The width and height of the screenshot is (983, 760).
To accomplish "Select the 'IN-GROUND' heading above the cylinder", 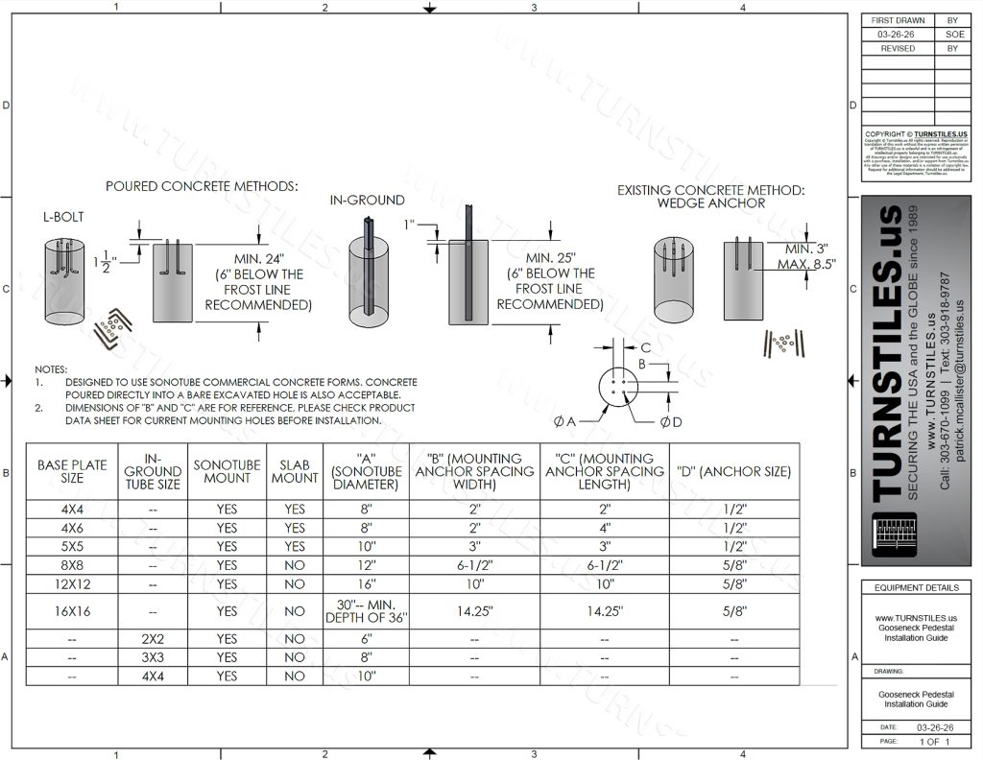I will click(367, 201).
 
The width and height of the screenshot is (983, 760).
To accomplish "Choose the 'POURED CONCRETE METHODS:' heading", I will click(203, 186).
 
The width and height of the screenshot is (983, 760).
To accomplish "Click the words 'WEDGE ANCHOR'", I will click(710, 203).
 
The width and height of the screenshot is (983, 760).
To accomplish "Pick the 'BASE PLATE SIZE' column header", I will click(72, 471).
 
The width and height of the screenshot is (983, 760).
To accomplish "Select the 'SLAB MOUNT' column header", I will click(294, 471).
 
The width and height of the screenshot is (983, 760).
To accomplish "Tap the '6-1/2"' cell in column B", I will click(475, 565).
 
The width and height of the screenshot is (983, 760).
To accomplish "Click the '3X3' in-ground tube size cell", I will click(153, 657).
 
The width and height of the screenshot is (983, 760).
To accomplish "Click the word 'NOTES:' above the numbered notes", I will click(50, 369).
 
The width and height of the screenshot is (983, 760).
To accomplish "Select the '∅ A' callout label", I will click(564, 421).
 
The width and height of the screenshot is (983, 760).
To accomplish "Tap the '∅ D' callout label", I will click(671, 421).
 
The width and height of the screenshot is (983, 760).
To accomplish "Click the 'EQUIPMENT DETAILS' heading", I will click(916, 587).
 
